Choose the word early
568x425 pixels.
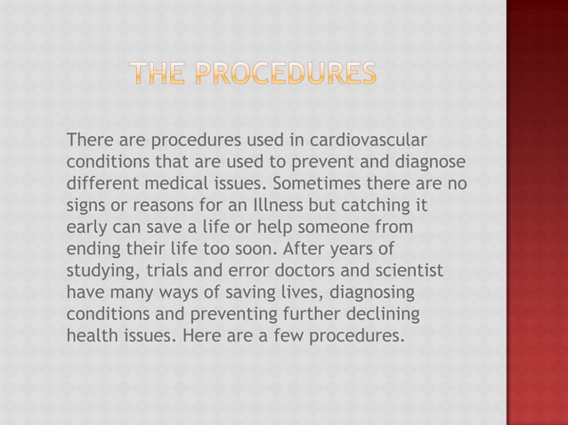pyautogui.click(x=85, y=228)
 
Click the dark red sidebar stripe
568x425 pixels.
pyautogui.click(x=537, y=212)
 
